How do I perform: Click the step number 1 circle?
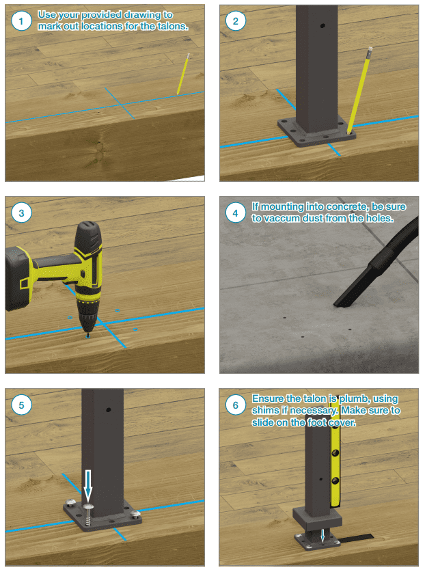(21, 21)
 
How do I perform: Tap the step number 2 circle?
(235, 21)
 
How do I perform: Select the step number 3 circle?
(21, 213)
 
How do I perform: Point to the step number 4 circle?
(235, 213)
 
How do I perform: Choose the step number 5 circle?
(21, 405)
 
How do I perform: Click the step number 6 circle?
(235, 405)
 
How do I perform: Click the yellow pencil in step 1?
(183, 74)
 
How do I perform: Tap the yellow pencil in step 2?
(360, 90)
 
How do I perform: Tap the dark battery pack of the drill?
(18, 279)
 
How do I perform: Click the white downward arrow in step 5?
(87, 485)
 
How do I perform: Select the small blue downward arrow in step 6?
(322, 536)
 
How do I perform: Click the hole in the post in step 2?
(323, 26)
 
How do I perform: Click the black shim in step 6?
(356, 538)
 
